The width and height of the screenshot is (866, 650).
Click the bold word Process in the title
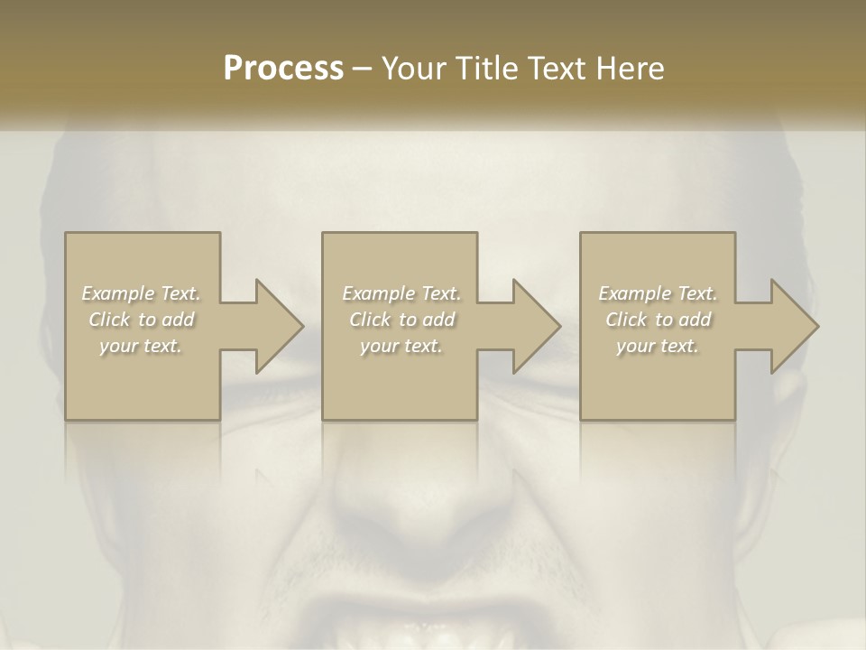283,69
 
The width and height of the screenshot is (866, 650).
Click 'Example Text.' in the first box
142,293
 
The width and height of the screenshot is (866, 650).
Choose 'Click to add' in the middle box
401,320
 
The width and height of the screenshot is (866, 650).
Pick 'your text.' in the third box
658,346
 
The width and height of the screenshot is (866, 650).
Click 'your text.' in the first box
142,346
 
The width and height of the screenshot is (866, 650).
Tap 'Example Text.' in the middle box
401,293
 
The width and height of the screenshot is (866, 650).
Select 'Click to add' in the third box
658,320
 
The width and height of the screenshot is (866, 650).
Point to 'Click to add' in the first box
142,320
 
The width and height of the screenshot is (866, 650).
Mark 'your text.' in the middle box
401,346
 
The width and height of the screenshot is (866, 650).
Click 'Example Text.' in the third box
658,293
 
